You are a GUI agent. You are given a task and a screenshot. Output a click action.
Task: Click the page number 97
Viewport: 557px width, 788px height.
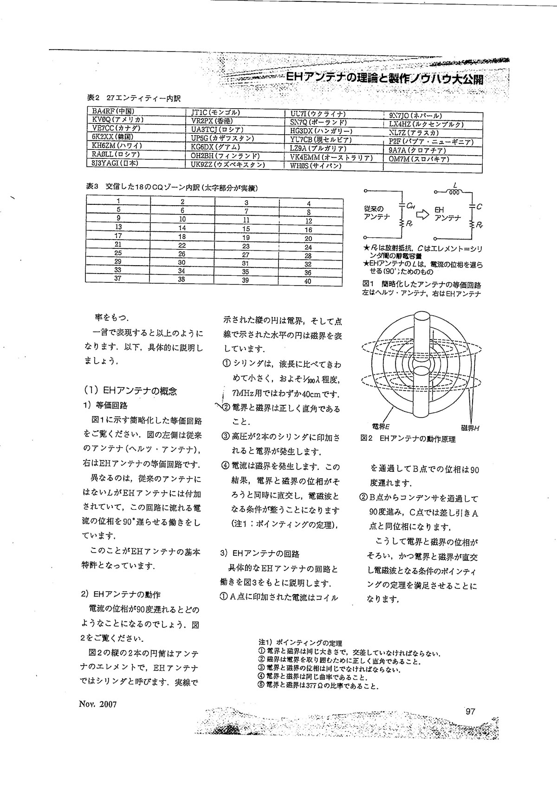click(470, 711)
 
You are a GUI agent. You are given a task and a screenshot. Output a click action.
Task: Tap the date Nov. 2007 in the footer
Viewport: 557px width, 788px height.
click(97, 704)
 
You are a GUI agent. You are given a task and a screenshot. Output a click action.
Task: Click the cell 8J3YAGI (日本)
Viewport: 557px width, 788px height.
click(115, 163)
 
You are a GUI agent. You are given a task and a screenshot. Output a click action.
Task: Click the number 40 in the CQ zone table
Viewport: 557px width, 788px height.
click(308, 281)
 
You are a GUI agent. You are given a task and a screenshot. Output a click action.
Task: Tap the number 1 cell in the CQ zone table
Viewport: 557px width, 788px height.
click(118, 201)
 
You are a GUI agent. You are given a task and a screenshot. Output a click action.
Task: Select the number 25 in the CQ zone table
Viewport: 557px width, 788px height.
click(118, 253)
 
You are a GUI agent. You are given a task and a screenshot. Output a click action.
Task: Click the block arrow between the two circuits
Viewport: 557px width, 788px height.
click(422, 215)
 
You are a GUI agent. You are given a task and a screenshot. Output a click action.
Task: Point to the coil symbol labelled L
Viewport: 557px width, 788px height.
click(454, 191)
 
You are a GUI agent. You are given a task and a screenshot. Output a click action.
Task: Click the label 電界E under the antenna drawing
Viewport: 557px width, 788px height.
click(381, 425)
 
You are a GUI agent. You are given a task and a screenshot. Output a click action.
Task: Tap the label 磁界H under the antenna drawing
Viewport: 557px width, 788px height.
click(470, 427)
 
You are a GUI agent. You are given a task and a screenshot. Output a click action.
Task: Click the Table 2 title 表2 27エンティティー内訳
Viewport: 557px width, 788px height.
click(133, 98)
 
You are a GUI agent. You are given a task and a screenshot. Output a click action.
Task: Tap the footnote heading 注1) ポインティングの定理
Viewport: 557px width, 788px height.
click(300, 643)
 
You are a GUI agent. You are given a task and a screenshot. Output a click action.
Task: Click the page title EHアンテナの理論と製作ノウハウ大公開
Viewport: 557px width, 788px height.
click(384, 79)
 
